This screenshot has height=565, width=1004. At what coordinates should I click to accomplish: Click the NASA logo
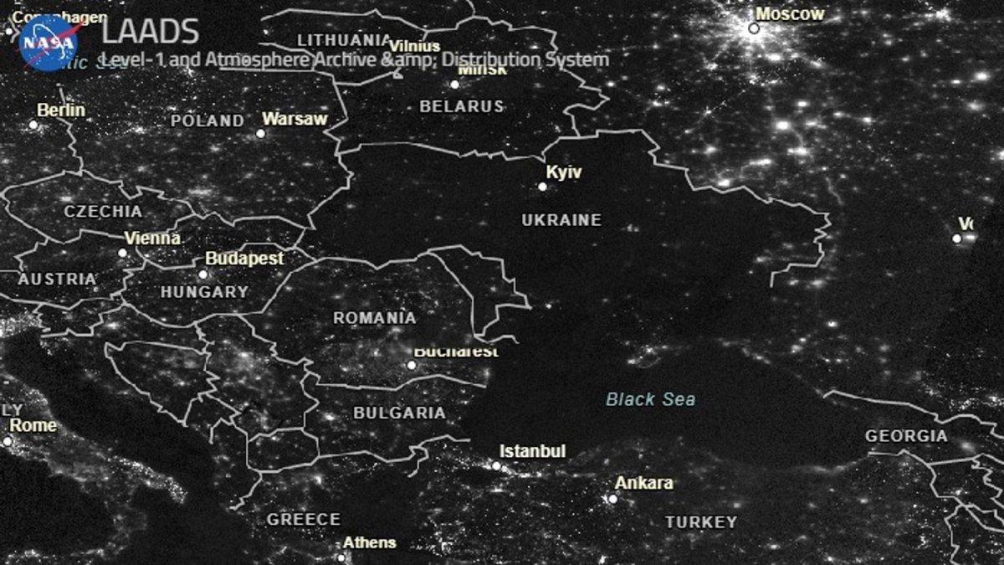(49, 42)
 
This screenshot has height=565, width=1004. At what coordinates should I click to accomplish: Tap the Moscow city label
(790, 14)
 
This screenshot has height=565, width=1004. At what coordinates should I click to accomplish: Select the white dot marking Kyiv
(542, 187)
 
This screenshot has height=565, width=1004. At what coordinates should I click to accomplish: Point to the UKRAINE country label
(561, 220)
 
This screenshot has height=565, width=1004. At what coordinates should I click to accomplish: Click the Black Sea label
(650, 399)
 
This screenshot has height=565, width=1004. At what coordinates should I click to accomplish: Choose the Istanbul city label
(534, 451)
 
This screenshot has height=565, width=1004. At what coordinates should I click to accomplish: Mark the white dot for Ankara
(612, 499)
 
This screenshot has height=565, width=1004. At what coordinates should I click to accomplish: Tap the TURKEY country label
(701, 522)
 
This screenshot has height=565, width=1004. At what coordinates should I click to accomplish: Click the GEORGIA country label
(906, 436)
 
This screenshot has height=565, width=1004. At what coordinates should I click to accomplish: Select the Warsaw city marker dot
(260, 133)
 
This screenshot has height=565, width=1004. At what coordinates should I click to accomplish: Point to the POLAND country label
(207, 121)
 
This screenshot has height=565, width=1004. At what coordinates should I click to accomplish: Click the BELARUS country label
(462, 106)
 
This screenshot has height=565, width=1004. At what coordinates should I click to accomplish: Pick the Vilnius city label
(415, 46)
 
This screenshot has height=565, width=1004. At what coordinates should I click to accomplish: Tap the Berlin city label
(61, 110)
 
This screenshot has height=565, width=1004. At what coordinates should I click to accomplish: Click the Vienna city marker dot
(122, 252)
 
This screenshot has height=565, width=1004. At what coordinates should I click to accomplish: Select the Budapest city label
(244, 259)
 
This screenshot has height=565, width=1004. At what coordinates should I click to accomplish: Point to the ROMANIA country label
(374, 318)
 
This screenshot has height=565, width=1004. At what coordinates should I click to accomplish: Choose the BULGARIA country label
(399, 413)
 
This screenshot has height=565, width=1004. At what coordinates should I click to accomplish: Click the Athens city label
(369, 542)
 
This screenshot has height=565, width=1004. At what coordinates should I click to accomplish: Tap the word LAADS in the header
(151, 32)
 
